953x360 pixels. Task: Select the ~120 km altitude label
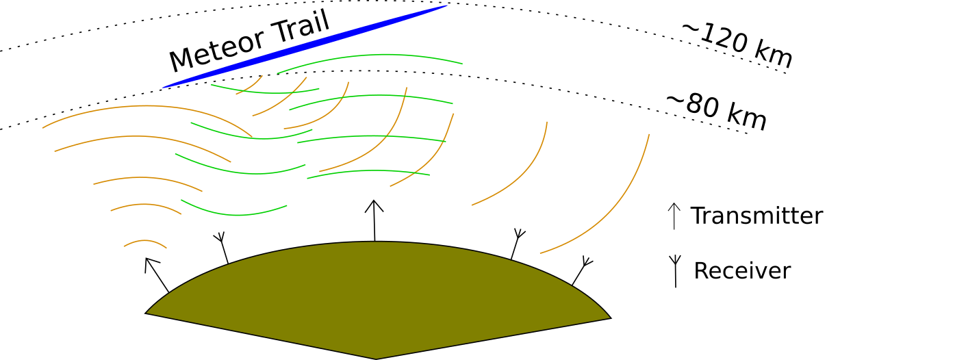(737, 45)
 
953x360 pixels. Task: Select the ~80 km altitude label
(716, 112)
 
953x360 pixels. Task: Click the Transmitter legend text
(756, 216)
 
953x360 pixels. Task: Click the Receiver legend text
(741, 271)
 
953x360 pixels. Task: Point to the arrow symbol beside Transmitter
(674, 216)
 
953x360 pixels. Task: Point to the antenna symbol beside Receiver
(675, 270)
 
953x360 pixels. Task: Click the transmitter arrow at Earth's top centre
(374, 220)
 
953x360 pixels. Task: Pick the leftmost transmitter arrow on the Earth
(157, 274)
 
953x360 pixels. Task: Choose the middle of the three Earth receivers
(516, 244)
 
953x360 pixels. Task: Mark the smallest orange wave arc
(145, 242)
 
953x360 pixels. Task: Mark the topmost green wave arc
(370, 60)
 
